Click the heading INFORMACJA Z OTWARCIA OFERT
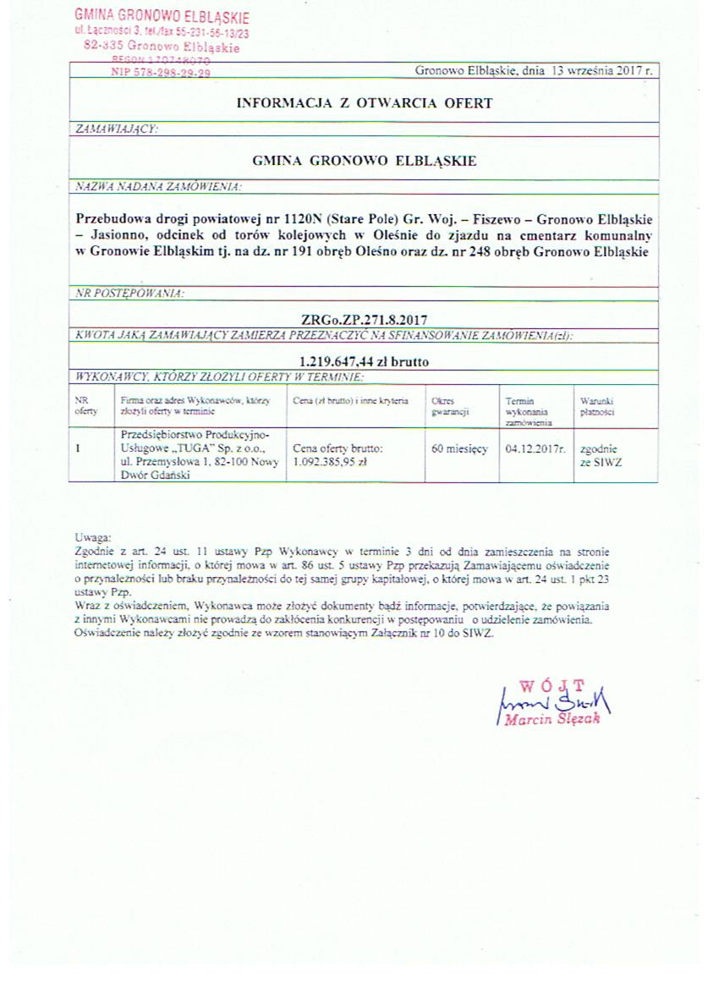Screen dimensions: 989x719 coord(364,103)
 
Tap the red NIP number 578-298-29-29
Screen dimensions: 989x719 coord(161,74)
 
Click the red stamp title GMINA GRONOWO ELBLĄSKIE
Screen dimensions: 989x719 coord(162,16)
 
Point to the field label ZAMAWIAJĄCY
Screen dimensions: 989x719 coord(117,129)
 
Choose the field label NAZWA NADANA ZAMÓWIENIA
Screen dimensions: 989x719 coord(157,185)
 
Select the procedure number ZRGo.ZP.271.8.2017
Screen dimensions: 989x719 coord(363,320)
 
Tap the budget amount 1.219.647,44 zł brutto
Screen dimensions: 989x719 coord(364,361)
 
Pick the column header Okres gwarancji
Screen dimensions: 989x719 coord(444,406)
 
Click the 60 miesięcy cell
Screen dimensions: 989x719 coord(459,449)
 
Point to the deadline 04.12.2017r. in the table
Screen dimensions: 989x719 coord(535,449)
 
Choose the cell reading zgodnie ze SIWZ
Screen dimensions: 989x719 coord(600,456)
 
